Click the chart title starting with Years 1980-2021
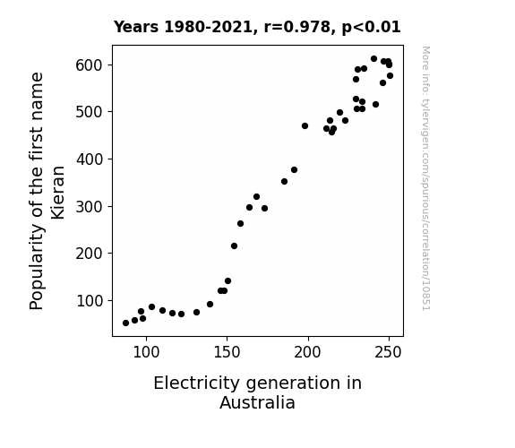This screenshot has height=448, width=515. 257,27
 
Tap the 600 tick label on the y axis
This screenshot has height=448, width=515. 90,65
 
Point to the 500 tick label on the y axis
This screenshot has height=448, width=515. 90,112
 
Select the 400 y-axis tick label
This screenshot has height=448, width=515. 90,159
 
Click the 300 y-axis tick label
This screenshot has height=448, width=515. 90,207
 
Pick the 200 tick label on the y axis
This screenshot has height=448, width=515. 90,254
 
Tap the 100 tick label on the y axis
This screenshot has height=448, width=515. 90,301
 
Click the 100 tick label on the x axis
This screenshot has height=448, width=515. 146,352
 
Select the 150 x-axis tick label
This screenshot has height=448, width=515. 227,352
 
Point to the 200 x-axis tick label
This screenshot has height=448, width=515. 308,352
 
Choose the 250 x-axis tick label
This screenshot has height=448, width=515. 389,352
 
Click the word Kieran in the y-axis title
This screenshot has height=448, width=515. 58,193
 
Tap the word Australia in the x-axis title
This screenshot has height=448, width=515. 258,402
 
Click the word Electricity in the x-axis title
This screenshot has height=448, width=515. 197,383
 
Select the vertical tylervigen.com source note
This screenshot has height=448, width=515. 425,178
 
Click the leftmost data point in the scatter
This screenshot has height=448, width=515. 125,323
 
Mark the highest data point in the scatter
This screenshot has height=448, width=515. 373,59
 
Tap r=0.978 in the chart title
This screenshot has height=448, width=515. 296,27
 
